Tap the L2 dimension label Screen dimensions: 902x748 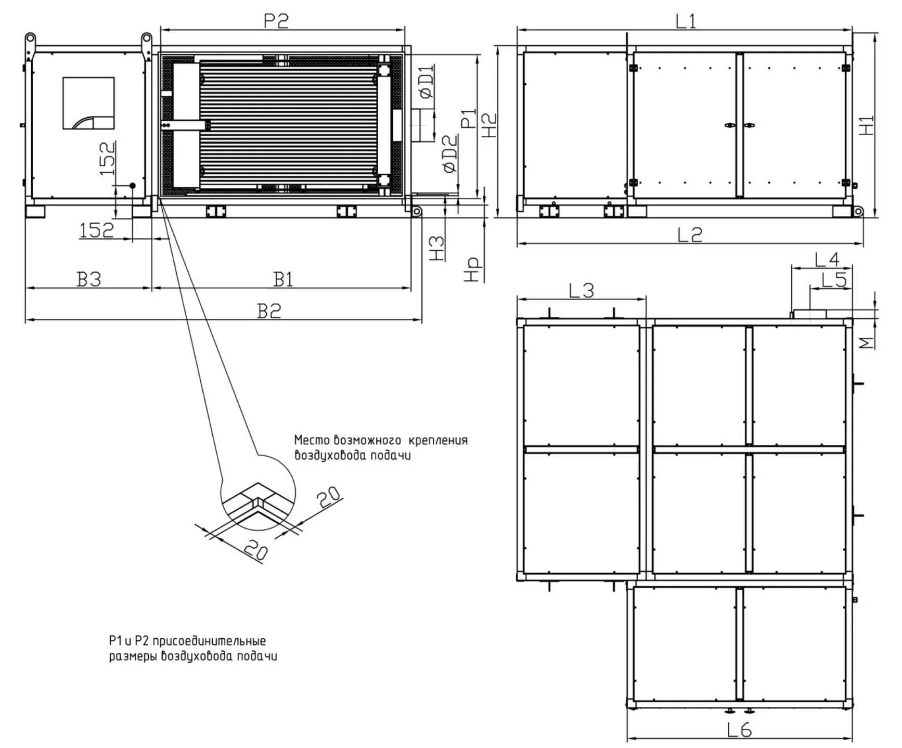[689, 235]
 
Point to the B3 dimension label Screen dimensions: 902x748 [89, 279]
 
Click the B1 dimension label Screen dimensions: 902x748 [284, 279]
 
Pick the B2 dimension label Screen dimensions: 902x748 [269, 311]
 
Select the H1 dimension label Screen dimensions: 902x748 [866, 125]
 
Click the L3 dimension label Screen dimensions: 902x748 [581, 290]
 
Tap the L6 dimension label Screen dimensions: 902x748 [739, 730]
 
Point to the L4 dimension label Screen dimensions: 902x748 [827, 259]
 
